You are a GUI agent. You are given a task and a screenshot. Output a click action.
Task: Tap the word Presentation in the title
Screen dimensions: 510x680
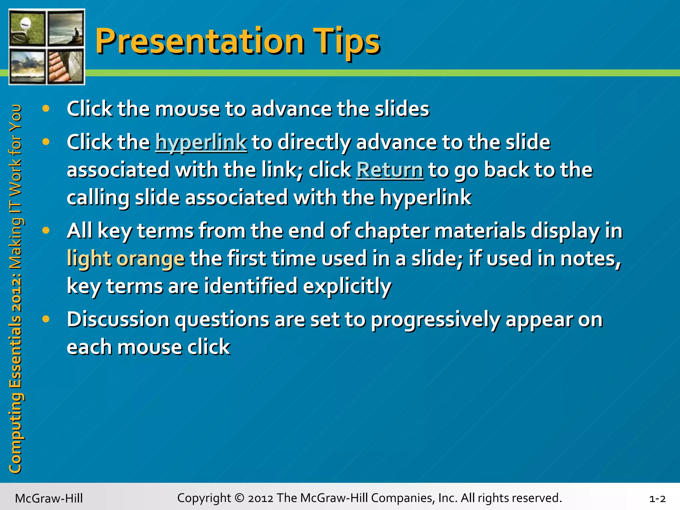pyautogui.click(x=199, y=42)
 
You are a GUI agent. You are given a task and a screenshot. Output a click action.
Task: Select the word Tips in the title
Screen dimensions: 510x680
pyautogui.click(x=346, y=42)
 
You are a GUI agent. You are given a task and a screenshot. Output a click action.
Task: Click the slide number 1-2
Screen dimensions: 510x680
pyautogui.click(x=657, y=499)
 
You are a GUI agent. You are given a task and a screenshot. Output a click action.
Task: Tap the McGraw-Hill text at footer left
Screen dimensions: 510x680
pyautogui.click(x=49, y=499)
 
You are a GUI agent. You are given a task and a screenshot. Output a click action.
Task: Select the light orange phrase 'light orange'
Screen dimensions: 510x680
pyautogui.click(x=126, y=259)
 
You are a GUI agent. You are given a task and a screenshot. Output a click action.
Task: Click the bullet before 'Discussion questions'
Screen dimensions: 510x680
pyautogui.click(x=46, y=319)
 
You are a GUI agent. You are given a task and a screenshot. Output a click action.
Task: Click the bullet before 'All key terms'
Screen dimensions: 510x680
pyautogui.click(x=46, y=230)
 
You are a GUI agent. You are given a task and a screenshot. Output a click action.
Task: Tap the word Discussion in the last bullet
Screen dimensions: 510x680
pyautogui.click(x=118, y=319)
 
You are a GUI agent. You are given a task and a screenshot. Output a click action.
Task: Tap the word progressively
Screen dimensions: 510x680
pyautogui.click(x=435, y=320)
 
